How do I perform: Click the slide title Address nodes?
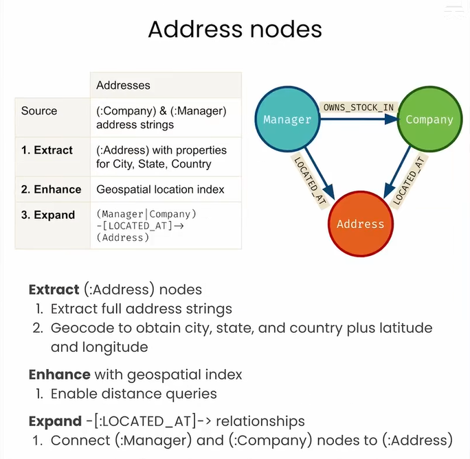pyautogui.click(x=235, y=30)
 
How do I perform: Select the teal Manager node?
pyautogui.click(x=287, y=119)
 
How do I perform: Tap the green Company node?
pyautogui.click(x=429, y=119)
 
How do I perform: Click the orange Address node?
pyautogui.click(x=360, y=224)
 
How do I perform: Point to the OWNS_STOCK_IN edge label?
pyautogui.click(x=359, y=107)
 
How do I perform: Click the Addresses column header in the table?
pyautogui.click(x=123, y=85)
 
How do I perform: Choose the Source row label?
pyautogui.click(x=39, y=110)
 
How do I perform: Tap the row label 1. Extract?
pyautogui.click(x=47, y=150)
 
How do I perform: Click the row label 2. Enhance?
pyautogui.click(x=51, y=189)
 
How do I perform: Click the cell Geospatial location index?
pyautogui.click(x=160, y=189)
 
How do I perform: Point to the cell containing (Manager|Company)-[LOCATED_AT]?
pyautogui.click(x=146, y=225)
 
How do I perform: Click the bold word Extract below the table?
pyautogui.click(x=54, y=290)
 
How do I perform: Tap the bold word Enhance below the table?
pyautogui.click(x=59, y=375)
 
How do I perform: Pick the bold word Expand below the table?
pyautogui.click(x=55, y=421)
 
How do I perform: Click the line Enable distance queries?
pyautogui.click(x=134, y=394)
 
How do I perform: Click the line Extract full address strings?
pyautogui.click(x=142, y=309)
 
